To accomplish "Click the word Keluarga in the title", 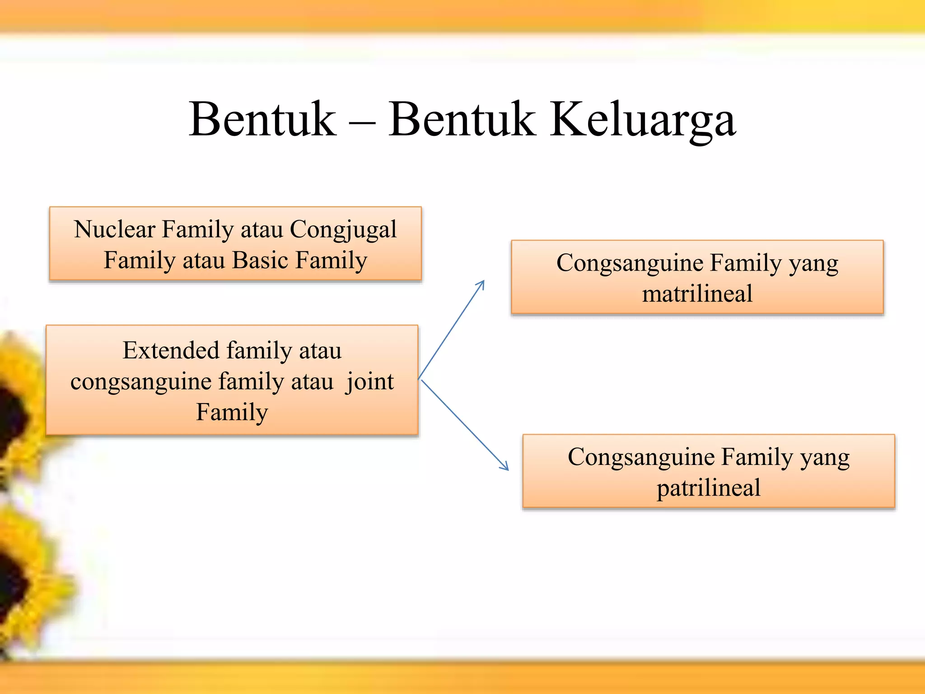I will point(643,120).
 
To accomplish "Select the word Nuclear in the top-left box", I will point(114,229).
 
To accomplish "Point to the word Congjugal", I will point(343,230).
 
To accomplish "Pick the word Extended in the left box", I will point(171,350).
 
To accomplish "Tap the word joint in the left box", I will point(370,382).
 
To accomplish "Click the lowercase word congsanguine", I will point(141,382).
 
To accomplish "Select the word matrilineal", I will point(697,294).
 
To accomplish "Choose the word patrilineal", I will point(708,488).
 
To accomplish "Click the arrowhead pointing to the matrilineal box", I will point(481,284).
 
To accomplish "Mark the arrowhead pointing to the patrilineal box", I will point(505,467).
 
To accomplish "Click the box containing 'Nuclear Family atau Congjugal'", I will point(235,244).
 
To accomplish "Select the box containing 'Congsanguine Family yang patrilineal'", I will point(708,472).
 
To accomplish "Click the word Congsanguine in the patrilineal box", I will point(641,457).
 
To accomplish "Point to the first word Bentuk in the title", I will point(262,120).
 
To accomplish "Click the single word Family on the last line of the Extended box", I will point(232,412).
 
